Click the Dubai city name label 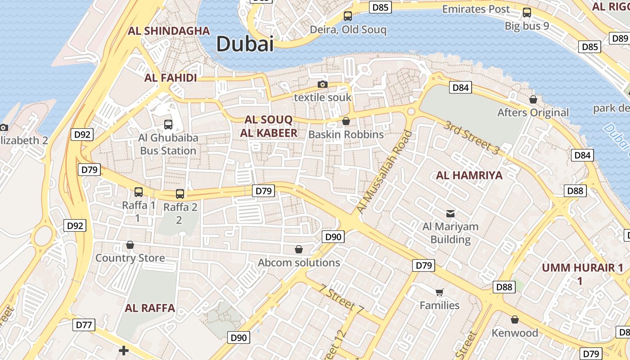[x=245, y=44]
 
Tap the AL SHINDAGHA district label [x=169, y=31]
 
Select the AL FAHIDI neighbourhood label [x=171, y=78]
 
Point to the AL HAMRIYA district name [x=469, y=175]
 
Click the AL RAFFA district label [x=150, y=308]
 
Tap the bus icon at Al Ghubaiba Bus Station [x=168, y=125]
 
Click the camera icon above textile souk [x=322, y=84]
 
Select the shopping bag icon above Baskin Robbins [x=346, y=121]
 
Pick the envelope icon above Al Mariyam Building [x=450, y=213]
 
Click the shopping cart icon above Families [x=440, y=292]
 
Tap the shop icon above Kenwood [x=515, y=319]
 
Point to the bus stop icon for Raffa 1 [x=139, y=192]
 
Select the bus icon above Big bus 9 [x=527, y=13]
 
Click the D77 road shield [x=84, y=324]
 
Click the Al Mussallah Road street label [x=384, y=172]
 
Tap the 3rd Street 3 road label [x=471, y=138]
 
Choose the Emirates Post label [x=476, y=9]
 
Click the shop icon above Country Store [x=130, y=245]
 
